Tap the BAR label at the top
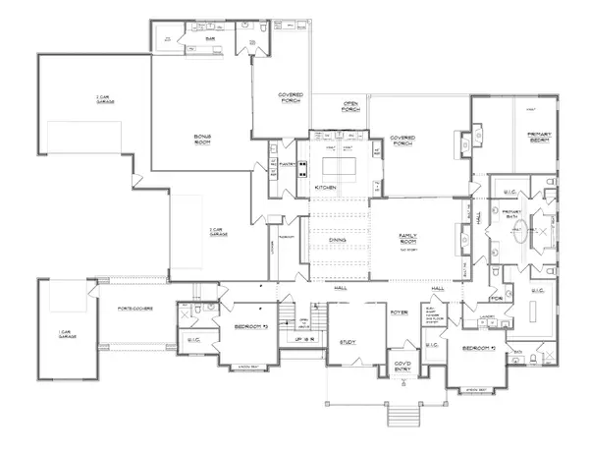209,40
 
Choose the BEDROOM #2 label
464,347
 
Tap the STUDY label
348,342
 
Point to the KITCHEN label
326,187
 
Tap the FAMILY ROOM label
410,239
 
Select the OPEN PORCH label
351,107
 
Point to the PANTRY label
289,162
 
